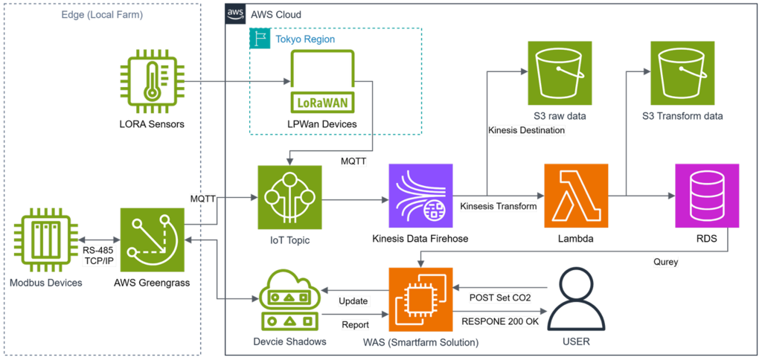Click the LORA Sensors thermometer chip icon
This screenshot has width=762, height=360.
point(153,80)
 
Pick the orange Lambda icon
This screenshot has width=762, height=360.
point(575,196)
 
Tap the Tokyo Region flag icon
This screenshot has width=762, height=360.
point(260,39)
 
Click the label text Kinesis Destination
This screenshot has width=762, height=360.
point(526,130)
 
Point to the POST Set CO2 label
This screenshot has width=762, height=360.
point(501,298)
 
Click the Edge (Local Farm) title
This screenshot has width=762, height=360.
point(103,14)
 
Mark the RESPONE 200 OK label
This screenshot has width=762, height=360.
point(501,322)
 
